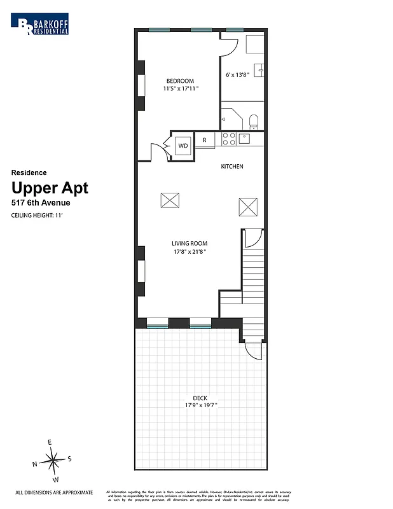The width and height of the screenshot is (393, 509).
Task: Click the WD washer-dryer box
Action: tap(183, 145)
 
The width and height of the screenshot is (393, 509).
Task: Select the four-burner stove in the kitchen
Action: tap(229, 139)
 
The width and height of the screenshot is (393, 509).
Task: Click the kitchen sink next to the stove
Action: tap(245, 137)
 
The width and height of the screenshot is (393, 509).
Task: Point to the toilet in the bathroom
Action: tap(253, 120)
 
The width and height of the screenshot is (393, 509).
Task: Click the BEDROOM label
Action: tap(180, 81)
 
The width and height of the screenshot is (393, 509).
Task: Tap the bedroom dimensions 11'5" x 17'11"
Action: tap(181, 89)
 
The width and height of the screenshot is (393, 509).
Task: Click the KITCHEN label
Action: tap(232, 167)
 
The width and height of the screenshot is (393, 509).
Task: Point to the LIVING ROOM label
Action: tap(189, 244)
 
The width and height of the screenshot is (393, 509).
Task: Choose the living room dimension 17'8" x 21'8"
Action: tap(189, 252)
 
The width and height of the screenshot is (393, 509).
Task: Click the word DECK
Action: tap(200, 398)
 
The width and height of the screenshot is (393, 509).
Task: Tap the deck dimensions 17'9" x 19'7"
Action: tap(200, 407)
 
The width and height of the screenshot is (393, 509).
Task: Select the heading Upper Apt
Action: tap(50, 188)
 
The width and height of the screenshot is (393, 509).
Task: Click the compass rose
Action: tap(53, 458)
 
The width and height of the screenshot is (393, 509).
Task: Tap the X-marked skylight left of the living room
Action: tap(169, 200)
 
